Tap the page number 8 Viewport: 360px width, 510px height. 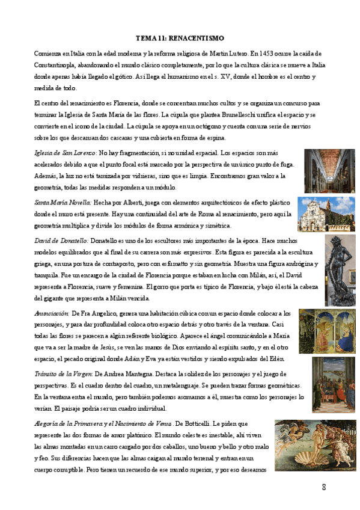pos(324,486)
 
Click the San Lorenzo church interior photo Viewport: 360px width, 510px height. pos(329,171)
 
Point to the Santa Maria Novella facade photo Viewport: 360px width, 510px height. pos(326,215)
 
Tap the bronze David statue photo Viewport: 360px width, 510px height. pos(340,270)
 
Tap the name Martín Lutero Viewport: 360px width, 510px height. pos(225,53)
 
